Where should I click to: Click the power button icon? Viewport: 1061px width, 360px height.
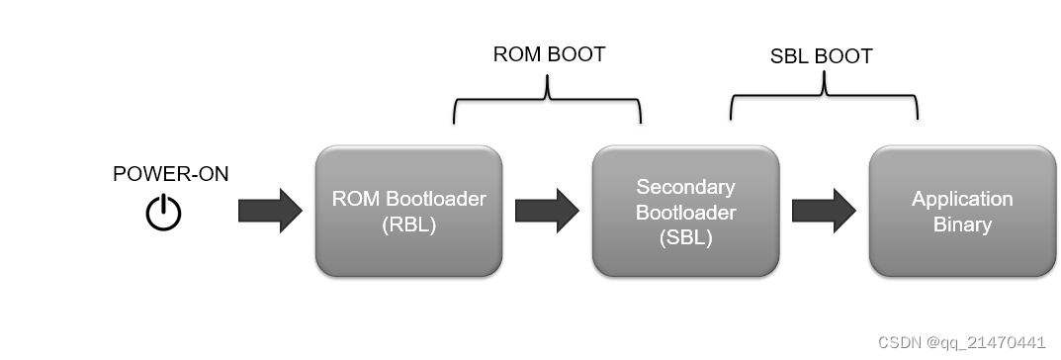(x=164, y=213)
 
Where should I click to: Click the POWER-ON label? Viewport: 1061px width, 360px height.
(x=170, y=174)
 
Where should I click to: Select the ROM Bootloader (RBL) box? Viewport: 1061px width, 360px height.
(x=408, y=211)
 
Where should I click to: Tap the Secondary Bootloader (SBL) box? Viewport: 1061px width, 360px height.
(x=685, y=212)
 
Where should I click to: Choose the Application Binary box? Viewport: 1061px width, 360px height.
(x=962, y=212)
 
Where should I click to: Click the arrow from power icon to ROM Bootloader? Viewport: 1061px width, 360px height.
(x=270, y=212)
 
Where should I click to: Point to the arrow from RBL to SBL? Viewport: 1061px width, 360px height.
(x=547, y=212)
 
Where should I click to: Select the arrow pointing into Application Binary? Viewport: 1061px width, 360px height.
(x=824, y=212)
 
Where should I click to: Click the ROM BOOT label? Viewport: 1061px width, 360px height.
(x=549, y=54)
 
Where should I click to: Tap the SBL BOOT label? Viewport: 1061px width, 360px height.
(x=821, y=56)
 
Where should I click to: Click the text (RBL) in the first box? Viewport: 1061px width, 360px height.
(x=408, y=225)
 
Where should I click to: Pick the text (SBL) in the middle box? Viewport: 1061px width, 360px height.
(x=685, y=237)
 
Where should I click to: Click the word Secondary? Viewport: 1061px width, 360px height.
(x=685, y=186)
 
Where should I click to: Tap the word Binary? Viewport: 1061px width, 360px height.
(x=962, y=225)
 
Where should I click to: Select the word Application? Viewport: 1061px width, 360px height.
(x=962, y=199)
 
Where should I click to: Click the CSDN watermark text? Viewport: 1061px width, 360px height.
(x=961, y=342)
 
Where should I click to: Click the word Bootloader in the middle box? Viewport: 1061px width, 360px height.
(x=685, y=212)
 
